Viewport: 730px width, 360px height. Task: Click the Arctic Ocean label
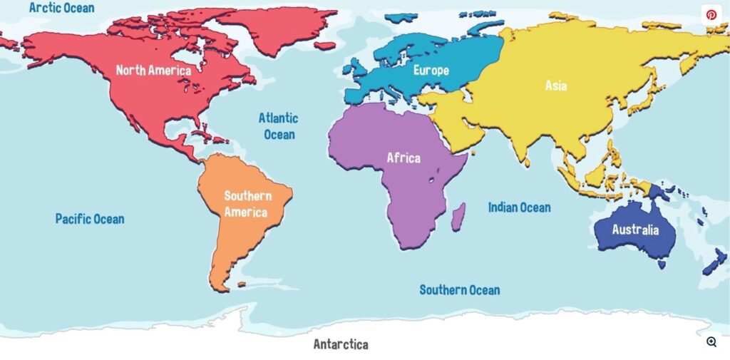click(x=61, y=9)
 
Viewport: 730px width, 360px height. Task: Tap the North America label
click(x=153, y=71)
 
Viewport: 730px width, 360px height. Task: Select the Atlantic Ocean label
click(x=278, y=126)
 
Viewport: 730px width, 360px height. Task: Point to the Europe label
click(x=431, y=71)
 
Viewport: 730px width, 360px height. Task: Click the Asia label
click(x=556, y=86)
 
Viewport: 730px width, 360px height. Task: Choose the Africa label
click(x=403, y=158)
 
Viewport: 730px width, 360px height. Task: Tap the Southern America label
click(x=245, y=204)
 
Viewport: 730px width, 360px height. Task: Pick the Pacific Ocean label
click(x=90, y=219)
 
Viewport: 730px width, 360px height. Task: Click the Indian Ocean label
click(x=519, y=207)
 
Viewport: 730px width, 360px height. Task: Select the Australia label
click(x=635, y=230)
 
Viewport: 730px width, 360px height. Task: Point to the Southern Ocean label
click(x=459, y=290)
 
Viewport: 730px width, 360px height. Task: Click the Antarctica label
click(x=341, y=345)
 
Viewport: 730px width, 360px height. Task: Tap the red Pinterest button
click(x=711, y=14)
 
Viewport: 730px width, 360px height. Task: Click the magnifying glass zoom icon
click(x=711, y=342)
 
